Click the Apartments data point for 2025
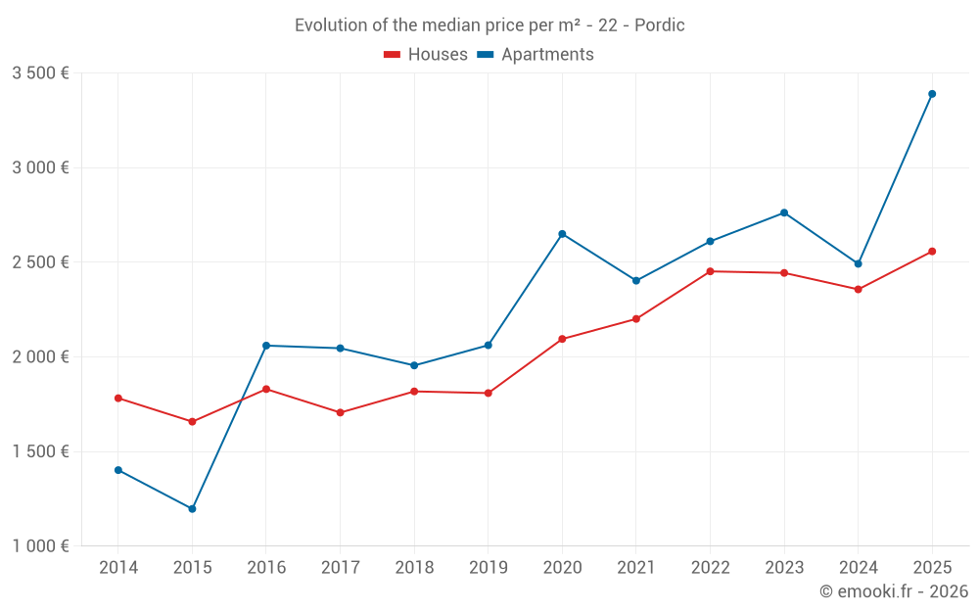click(932, 94)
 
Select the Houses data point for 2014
click(118, 399)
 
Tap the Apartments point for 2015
click(192, 509)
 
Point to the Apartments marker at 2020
click(562, 234)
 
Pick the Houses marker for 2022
click(710, 271)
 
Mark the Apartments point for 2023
click(784, 212)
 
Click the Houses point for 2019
click(488, 394)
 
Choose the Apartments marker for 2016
click(266, 346)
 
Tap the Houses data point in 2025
click(932, 252)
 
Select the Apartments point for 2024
click(858, 263)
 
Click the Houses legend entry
click(426, 55)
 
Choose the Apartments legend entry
click(536, 55)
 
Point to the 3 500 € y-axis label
click(40, 73)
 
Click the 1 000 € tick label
click(40, 546)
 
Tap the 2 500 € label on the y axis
click(40, 262)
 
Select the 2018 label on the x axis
click(414, 568)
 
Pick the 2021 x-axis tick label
click(635, 568)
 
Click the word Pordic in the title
click(660, 25)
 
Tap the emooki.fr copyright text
click(894, 591)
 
